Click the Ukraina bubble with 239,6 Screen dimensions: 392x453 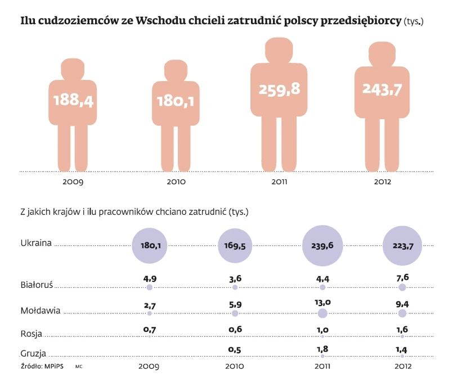322,246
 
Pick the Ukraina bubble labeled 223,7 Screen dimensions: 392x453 402,246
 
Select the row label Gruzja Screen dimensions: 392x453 33,354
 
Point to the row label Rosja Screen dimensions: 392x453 31,334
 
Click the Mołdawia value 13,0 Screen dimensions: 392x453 322,302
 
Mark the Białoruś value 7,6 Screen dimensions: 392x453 402,277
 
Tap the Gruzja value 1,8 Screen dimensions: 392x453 322,348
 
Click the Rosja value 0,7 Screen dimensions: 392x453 149,327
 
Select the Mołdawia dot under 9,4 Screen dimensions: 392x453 402,313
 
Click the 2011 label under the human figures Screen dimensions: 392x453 279,182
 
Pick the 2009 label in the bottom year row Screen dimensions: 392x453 149,366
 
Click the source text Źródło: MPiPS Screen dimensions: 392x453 42,366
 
